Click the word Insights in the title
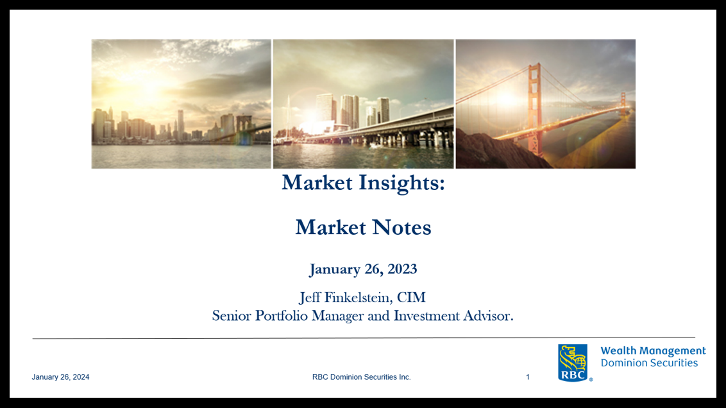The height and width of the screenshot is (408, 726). [402, 183]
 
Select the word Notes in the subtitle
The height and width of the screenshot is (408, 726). [402, 227]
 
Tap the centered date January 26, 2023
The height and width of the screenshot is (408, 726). [363, 269]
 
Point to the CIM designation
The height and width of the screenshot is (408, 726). [411, 297]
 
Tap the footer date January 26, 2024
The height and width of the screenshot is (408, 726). [60, 377]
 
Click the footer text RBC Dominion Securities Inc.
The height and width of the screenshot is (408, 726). [361, 377]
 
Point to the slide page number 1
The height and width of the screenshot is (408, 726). [528, 377]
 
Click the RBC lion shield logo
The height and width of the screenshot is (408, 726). [573, 362]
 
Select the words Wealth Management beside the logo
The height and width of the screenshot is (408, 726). [654, 351]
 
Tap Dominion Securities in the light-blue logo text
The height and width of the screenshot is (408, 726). [649, 363]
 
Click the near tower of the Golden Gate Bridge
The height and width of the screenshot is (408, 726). [535, 109]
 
